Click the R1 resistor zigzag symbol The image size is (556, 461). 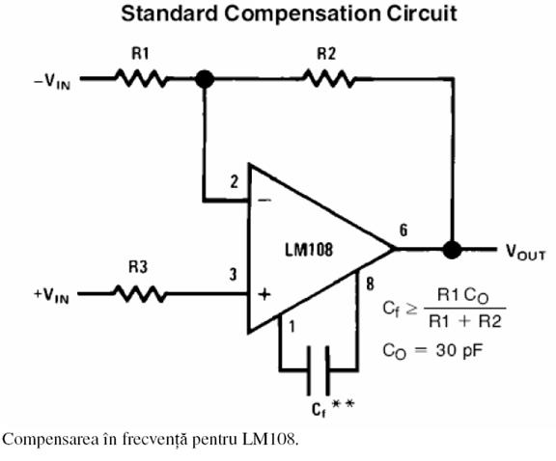[141, 78]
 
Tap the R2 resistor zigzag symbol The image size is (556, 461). [329, 78]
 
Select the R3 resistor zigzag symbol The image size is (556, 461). [140, 294]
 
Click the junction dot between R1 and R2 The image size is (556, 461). [205, 79]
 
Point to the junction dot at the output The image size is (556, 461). [452, 250]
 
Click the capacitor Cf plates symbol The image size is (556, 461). [319, 370]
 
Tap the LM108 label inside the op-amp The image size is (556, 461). [309, 250]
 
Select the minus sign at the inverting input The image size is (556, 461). [264, 201]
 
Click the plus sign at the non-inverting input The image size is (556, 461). [264, 294]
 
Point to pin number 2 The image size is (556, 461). [234, 182]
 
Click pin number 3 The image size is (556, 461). [233, 275]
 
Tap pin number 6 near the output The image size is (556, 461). [403, 230]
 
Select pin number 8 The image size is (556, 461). [371, 285]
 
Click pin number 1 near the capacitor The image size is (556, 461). [292, 327]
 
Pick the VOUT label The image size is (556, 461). [525, 252]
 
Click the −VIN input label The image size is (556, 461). [52, 82]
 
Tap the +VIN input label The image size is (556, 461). [51, 295]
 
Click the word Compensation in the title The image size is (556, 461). [303, 14]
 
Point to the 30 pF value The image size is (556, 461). [459, 351]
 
